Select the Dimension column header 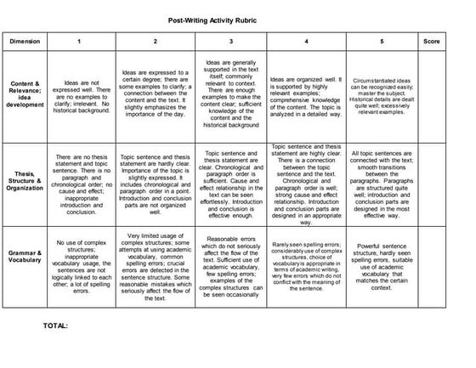tap(31, 40)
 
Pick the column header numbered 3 tap(231, 40)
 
